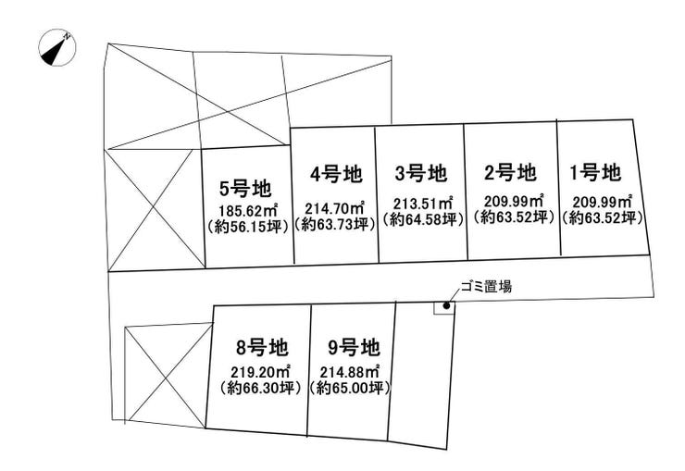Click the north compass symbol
pyautogui.click(x=57, y=47)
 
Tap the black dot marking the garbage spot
pyautogui.click(x=446, y=306)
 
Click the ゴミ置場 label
pyautogui.click(x=486, y=287)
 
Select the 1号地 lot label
pyautogui.click(x=595, y=172)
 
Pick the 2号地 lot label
pyautogui.click(x=510, y=172)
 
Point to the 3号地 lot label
pyautogui.click(x=420, y=173)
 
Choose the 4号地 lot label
pyautogui.click(x=336, y=174)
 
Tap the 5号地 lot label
pyautogui.click(x=245, y=189)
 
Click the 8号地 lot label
pyautogui.click(x=262, y=348)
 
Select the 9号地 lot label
pyautogui.click(x=354, y=348)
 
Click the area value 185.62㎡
pyautogui.click(x=250, y=211)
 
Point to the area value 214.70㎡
pyautogui.click(x=335, y=208)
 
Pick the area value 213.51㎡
pyautogui.click(x=423, y=204)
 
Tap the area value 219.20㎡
pyautogui.click(x=261, y=372)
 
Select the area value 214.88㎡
pyautogui.click(x=350, y=372)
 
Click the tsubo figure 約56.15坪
pyautogui.click(x=247, y=227)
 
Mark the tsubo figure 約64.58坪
pyautogui.click(x=423, y=219)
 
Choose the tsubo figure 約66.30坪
pyautogui.click(x=261, y=388)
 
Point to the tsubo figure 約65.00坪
pyautogui.click(x=350, y=388)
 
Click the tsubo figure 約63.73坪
pyautogui.click(x=335, y=224)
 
